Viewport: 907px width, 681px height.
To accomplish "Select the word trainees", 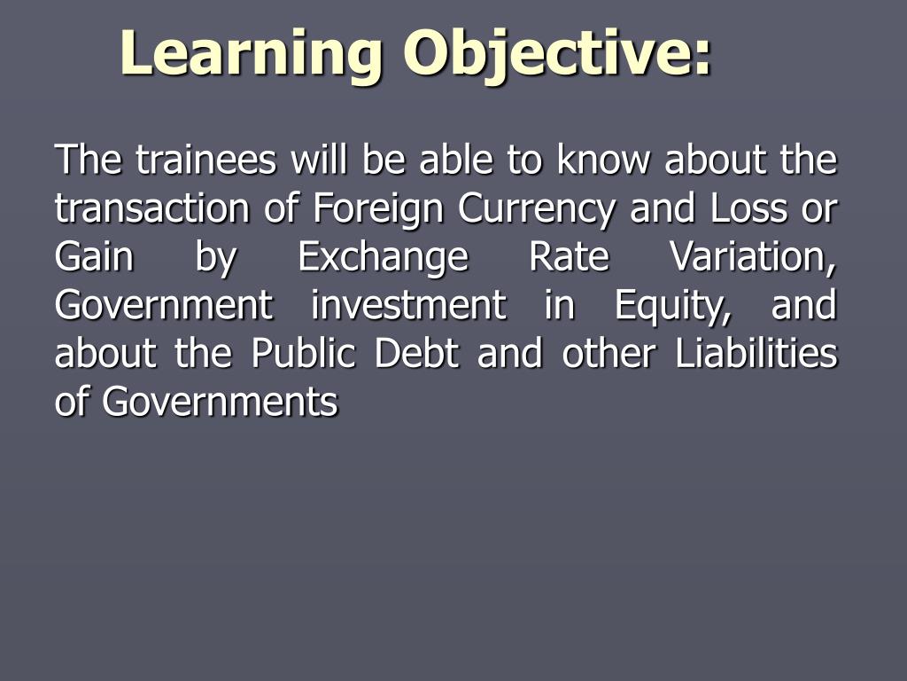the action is coord(205,160).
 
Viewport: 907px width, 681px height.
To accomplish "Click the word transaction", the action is coord(152,207).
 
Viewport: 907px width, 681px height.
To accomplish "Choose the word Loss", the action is coord(748,207).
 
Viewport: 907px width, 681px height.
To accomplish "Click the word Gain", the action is coord(94,256).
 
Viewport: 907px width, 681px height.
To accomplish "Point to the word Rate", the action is coord(570,256).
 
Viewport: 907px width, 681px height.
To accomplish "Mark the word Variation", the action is coord(753,258).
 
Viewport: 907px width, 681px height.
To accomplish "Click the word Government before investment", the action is coord(164,305).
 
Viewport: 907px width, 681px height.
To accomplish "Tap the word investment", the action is coord(408,305).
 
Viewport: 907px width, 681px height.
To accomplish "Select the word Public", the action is coord(303,353).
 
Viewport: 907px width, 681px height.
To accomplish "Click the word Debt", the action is coord(416,353).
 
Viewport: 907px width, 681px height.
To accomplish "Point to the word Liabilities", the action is coord(756,353).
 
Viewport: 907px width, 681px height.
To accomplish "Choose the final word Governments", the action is coord(220,402).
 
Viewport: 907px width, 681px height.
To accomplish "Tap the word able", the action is coord(456,160).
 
